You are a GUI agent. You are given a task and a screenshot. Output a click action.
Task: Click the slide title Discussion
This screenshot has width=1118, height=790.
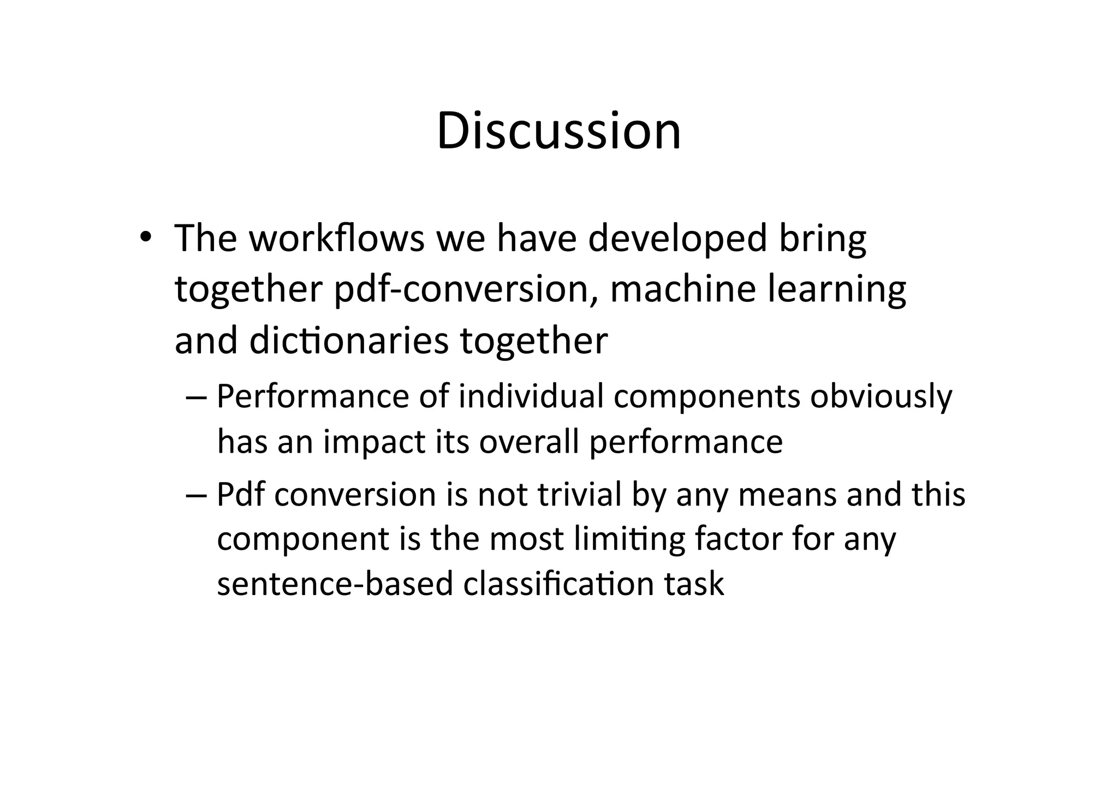pyautogui.click(x=558, y=131)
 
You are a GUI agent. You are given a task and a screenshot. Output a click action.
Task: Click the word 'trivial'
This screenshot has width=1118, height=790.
pyautogui.click(x=580, y=495)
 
